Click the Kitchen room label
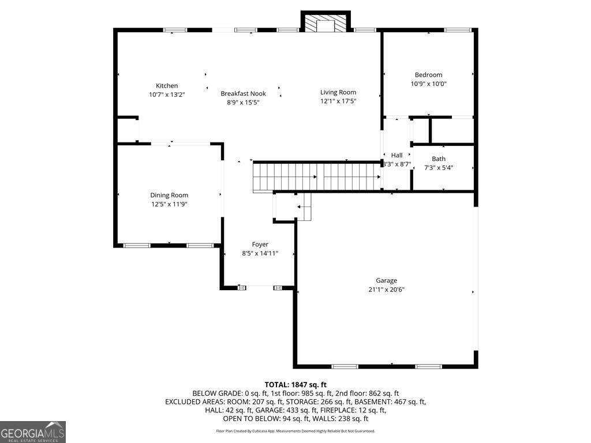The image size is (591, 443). click(x=167, y=85)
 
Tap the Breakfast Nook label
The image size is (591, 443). click(x=243, y=93)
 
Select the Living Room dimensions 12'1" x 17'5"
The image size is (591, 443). click(x=338, y=101)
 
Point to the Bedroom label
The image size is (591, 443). click(x=429, y=75)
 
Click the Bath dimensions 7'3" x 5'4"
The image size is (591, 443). click(x=439, y=168)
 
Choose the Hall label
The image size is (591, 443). click(x=397, y=155)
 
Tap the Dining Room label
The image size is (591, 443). click(x=169, y=195)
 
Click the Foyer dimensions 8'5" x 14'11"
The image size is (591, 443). click(x=260, y=253)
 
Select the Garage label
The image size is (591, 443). click(x=386, y=281)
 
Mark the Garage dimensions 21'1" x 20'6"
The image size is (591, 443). click(x=386, y=290)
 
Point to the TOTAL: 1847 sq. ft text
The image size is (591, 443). click(x=295, y=385)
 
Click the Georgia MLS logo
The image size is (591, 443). click(x=33, y=431)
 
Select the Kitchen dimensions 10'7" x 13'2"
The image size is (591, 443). click(x=167, y=95)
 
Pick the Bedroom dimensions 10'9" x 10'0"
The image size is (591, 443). click(x=429, y=84)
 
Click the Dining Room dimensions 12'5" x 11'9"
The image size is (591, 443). click(x=169, y=204)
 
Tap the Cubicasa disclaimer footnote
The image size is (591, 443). click(x=295, y=431)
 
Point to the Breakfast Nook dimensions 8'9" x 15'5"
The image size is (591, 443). click(x=243, y=103)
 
